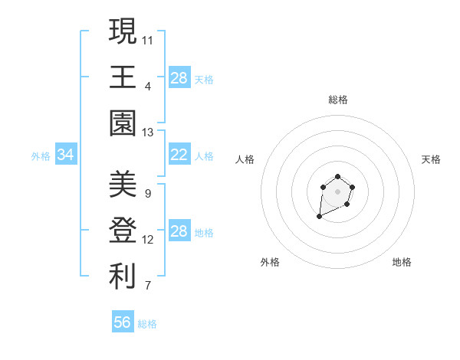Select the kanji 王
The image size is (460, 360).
(x=123, y=77)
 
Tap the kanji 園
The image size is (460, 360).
(x=123, y=123)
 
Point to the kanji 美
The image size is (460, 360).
(x=123, y=185)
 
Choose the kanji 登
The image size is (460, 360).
(x=123, y=231)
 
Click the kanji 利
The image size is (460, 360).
(x=123, y=277)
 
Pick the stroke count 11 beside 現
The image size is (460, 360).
(x=148, y=39)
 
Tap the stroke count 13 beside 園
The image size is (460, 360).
(x=148, y=133)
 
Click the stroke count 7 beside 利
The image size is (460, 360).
(x=147, y=286)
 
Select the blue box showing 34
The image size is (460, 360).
(x=65, y=155)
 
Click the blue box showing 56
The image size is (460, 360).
(x=123, y=322)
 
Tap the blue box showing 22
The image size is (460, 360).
(x=179, y=155)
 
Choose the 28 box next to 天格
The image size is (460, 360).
(x=179, y=77)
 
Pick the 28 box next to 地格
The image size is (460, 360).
(x=179, y=231)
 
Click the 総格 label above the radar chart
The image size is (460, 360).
(x=337, y=100)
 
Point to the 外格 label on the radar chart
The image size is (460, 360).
(x=270, y=262)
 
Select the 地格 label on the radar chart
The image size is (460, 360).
(x=402, y=262)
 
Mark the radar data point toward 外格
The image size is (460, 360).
(x=319, y=218)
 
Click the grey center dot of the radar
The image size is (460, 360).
(x=337, y=191)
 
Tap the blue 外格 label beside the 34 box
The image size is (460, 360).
(x=41, y=156)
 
